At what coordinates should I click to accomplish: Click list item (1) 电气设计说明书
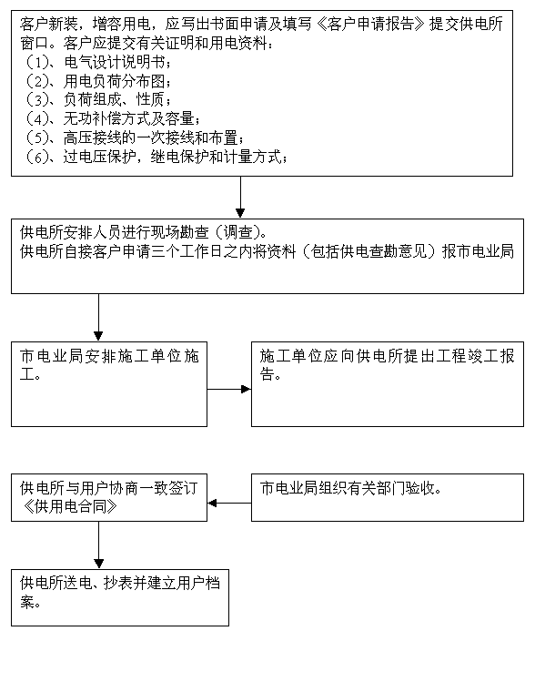coord(96,62)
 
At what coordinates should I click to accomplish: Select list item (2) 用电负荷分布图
coord(96,81)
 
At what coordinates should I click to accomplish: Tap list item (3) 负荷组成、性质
coord(96,99)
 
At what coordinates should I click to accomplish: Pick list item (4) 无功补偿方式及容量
coord(111,118)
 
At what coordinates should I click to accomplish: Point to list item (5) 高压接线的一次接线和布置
coord(133,137)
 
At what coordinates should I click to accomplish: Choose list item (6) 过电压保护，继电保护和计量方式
coord(155,156)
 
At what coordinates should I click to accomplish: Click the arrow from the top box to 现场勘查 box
coord(240,197)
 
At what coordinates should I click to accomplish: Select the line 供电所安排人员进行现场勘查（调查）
coord(144,233)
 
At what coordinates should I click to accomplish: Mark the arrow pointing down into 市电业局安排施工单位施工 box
coord(98,317)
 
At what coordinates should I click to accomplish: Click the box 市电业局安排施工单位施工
coord(109,384)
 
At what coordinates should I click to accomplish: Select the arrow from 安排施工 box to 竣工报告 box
coord(229,389)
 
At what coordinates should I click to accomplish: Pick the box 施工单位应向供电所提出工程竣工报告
coord(388,384)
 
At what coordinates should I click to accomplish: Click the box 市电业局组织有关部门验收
coord(388,497)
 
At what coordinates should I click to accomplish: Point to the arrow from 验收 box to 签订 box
coord(229,504)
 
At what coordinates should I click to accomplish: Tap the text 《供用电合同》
coord(68,507)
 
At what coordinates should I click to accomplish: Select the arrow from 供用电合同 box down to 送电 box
coord(98,545)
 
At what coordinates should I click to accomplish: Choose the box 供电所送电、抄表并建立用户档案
coord(120,597)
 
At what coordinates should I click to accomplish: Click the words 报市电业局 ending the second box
coord(478,251)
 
